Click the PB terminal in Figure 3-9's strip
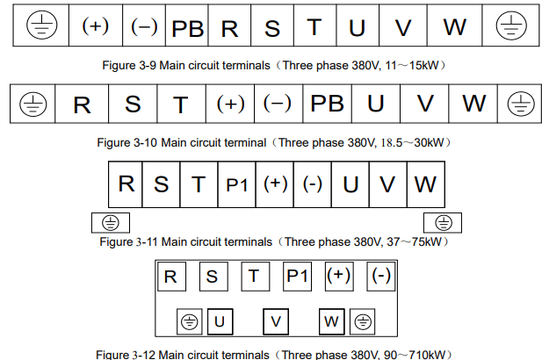(x=187, y=25)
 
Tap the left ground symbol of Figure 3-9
(x=41, y=25)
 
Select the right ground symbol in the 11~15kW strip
(x=511, y=25)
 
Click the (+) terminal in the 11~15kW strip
(x=96, y=25)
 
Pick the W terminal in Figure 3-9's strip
(x=454, y=25)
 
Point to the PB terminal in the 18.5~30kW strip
(x=328, y=104)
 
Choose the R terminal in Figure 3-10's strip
(x=82, y=104)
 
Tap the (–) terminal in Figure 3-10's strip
(x=278, y=104)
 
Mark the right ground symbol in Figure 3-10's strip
(x=521, y=104)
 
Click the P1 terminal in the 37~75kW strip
(x=237, y=184)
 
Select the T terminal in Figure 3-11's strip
(x=199, y=184)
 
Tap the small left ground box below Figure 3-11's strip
(x=111, y=223)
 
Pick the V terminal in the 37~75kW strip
(x=388, y=184)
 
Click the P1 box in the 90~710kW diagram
(x=297, y=277)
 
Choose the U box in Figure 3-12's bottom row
(x=220, y=321)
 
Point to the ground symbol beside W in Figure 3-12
(x=363, y=322)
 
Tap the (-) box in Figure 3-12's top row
(x=381, y=277)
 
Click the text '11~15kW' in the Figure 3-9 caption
(x=412, y=65)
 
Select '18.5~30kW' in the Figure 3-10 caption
(x=412, y=142)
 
